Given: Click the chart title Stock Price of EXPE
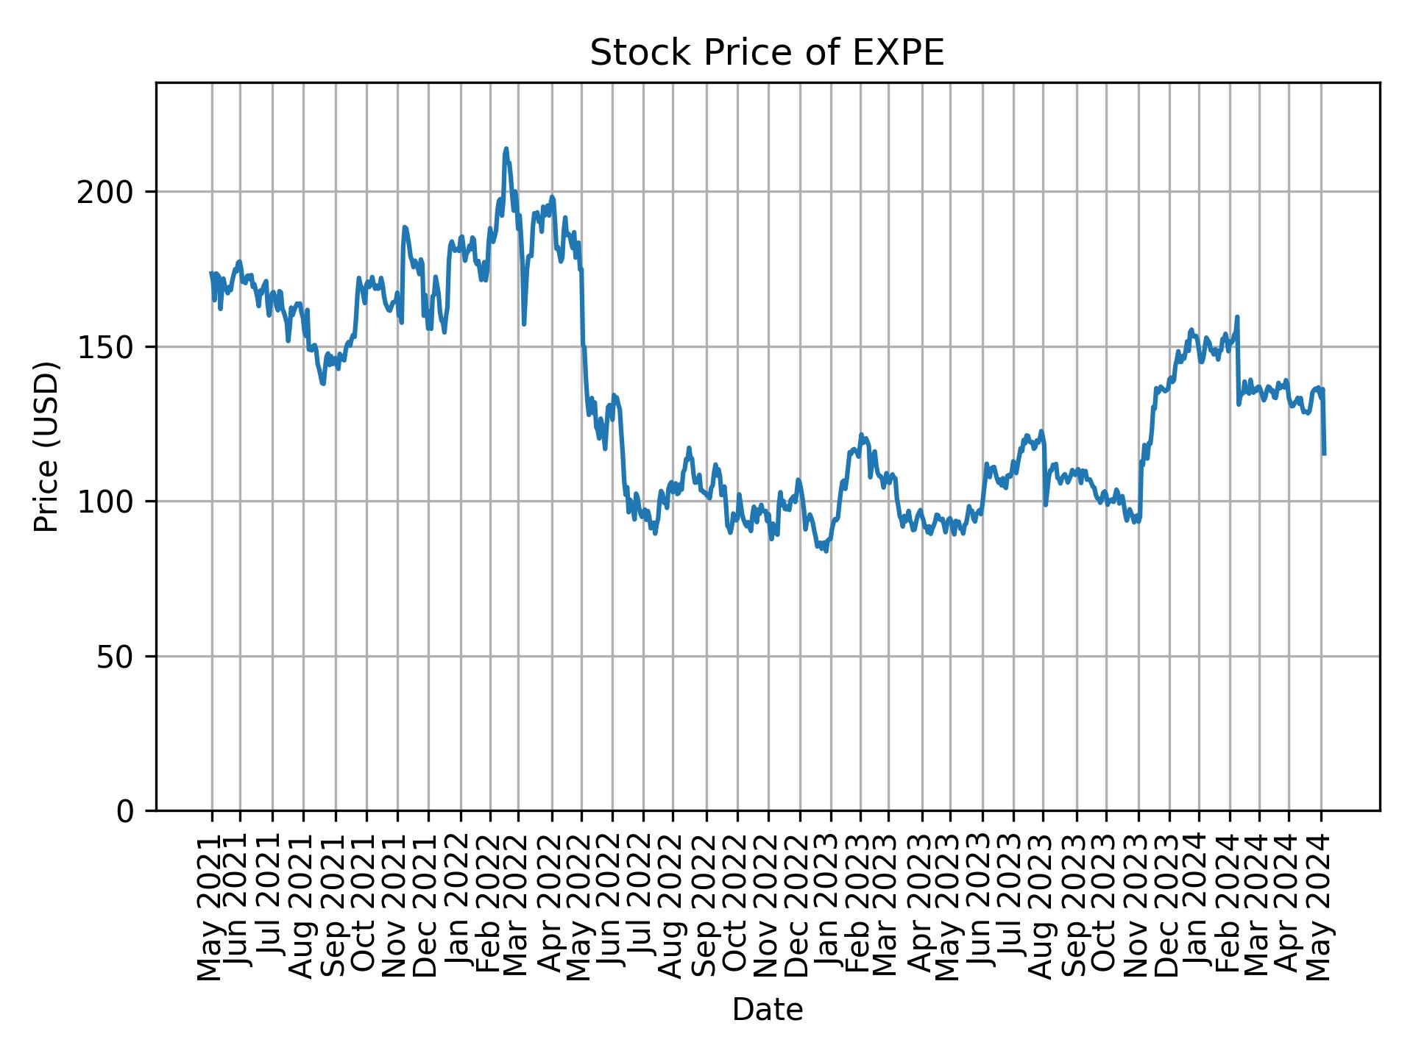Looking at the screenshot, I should point(767,54).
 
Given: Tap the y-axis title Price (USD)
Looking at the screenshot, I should point(46,446).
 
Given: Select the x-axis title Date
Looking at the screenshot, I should point(767,1010).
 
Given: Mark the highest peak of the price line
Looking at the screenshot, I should point(506,149).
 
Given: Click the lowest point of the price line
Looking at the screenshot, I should point(826,551).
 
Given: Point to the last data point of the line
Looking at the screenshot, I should point(1324,454).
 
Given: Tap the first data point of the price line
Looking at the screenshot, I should point(211,273).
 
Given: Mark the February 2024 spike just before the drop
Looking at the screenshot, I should point(1237,317).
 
